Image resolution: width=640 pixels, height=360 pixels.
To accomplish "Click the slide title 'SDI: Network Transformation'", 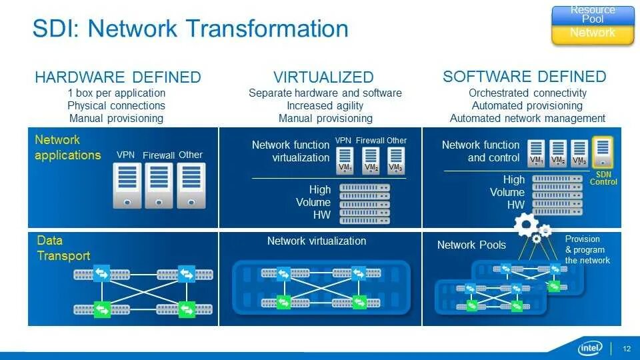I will (191, 29).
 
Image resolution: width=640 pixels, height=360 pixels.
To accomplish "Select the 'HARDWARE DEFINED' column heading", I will (117, 77).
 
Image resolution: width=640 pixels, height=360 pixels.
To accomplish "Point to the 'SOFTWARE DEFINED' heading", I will (524, 77).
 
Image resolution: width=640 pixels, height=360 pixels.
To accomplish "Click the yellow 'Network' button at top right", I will (592, 33).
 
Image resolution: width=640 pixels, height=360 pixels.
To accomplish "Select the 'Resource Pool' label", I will (592, 14).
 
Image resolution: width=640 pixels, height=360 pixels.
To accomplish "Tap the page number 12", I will (627, 349).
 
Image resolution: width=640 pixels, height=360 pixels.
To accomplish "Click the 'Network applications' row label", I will (67, 147).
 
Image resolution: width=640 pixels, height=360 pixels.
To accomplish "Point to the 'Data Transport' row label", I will (63, 248).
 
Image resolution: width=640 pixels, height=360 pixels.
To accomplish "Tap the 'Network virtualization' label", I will (316, 241).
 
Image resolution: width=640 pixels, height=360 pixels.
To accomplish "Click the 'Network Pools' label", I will (471, 245).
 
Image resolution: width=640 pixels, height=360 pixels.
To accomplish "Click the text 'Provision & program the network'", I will (587, 249).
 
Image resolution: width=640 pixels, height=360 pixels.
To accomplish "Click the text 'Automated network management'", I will (527, 118).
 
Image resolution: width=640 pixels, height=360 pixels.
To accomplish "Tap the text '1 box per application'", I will (117, 93).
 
